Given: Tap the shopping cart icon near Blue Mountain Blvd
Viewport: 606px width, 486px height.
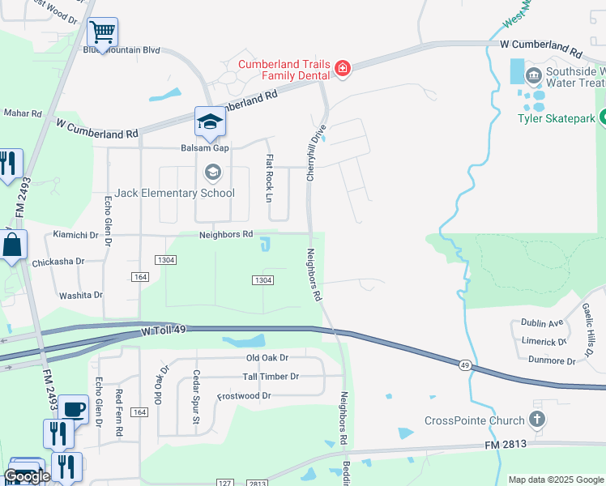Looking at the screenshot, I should [x=103, y=33].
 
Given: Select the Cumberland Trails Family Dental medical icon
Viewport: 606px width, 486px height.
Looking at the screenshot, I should [x=344, y=68].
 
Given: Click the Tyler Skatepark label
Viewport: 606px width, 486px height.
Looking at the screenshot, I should [x=556, y=118].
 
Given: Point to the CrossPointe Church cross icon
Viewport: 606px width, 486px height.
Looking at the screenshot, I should [x=535, y=420].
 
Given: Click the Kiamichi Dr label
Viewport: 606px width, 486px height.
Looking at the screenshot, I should [x=75, y=235].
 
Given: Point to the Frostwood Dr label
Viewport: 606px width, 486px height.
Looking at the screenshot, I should [x=244, y=396].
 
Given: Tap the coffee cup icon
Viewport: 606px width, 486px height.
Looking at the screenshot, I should [x=74, y=409].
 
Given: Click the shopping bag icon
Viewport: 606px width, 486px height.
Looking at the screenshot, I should [x=13, y=245].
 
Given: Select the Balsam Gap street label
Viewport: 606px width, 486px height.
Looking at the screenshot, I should [x=205, y=148].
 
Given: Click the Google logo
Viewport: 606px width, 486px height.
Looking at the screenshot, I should [x=28, y=476].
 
